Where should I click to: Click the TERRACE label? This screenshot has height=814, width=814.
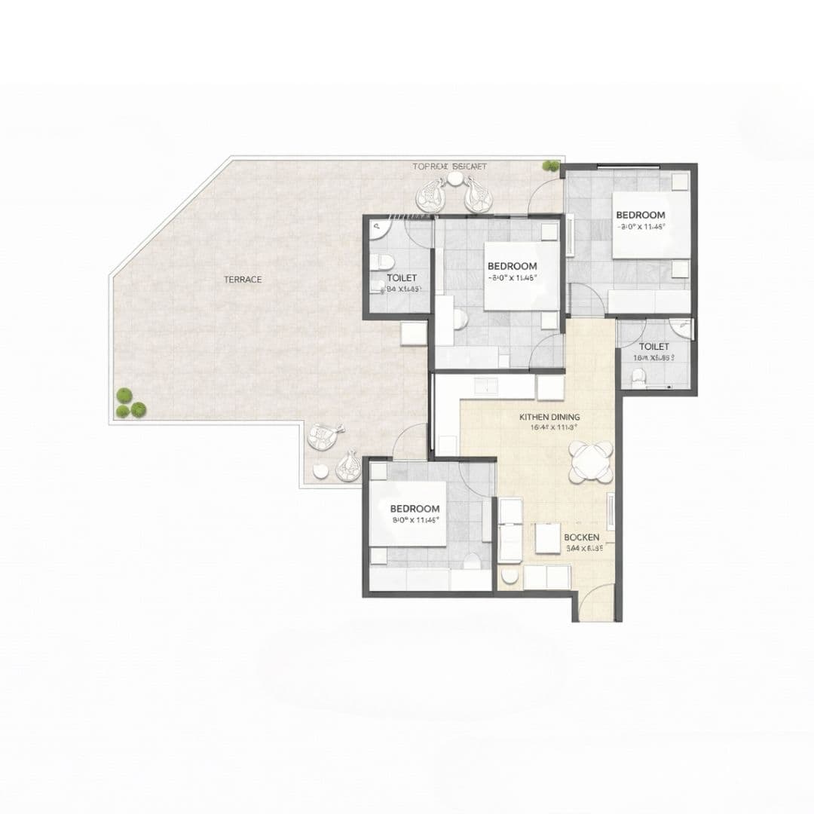click(x=243, y=280)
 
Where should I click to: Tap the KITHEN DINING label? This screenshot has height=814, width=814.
click(x=549, y=417)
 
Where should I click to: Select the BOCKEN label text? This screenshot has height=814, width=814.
click(x=582, y=537)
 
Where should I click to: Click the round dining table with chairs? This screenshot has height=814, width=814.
click(x=591, y=462)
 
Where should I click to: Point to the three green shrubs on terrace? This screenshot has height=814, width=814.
click(x=129, y=404)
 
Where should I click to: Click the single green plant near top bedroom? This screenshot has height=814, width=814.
click(x=552, y=166)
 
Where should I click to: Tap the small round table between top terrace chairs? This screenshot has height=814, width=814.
click(x=454, y=179)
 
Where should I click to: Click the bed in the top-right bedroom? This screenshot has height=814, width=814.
click(x=650, y=225)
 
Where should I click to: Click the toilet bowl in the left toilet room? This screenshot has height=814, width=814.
click(x=383, y=262)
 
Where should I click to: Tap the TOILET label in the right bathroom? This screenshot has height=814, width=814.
click(x=653, y=347)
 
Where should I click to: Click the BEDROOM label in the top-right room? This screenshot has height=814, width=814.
click(x=641, y=215)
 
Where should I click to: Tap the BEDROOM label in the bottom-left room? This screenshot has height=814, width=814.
click(x=415, y=509)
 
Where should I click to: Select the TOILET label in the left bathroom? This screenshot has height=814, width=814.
click(x=402, y=278)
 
